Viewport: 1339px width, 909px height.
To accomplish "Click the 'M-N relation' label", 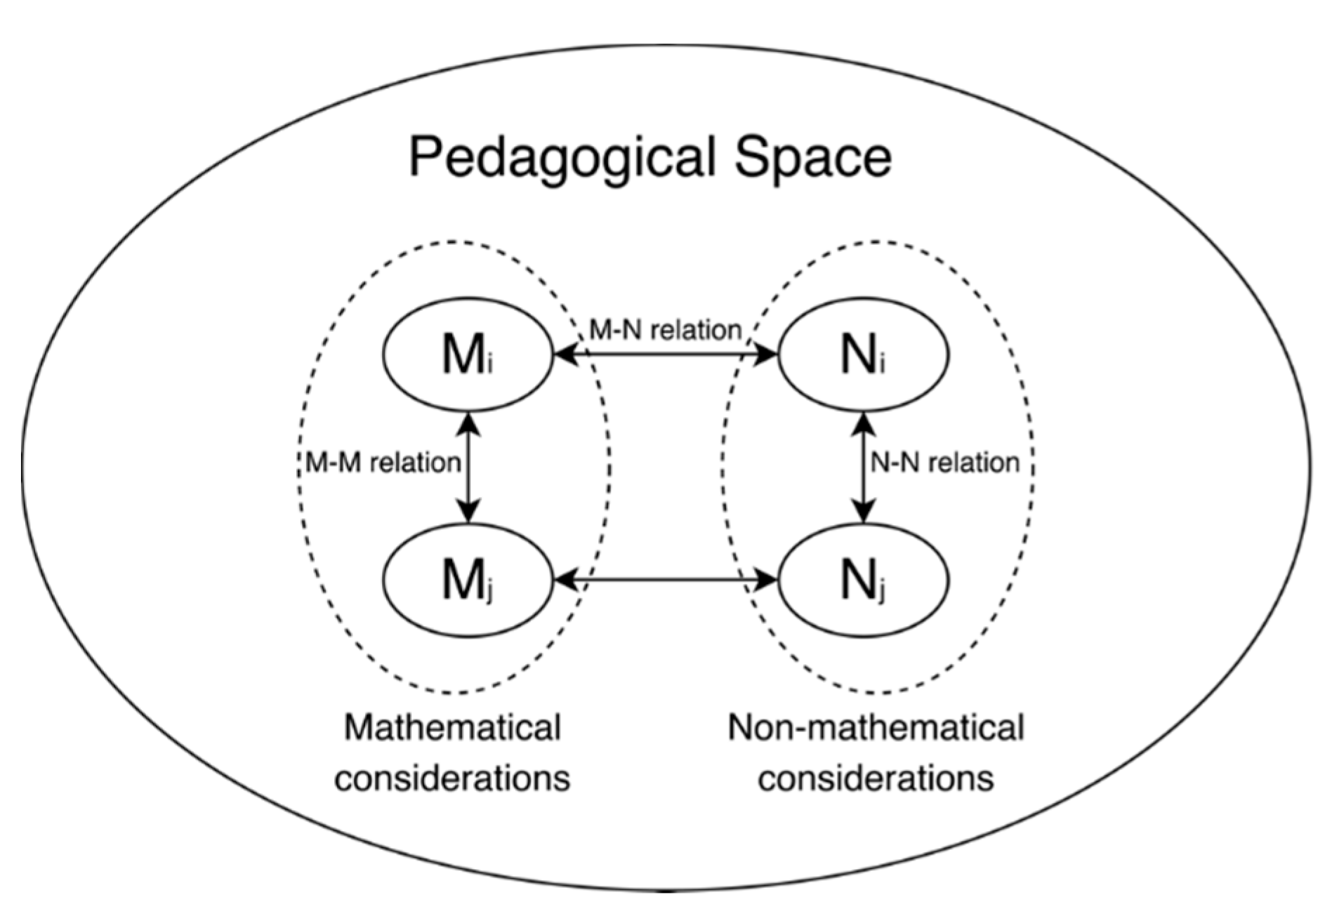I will tap(665, 329).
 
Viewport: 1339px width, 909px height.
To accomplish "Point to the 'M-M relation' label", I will tap(383, 463).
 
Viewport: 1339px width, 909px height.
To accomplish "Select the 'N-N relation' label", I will tap(944, 463).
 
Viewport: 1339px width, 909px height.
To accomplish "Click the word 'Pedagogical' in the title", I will tap(562, 158).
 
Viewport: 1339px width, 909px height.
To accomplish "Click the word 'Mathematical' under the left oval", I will tap(452, 728).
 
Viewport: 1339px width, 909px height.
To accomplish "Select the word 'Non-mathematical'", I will tap(876, 728).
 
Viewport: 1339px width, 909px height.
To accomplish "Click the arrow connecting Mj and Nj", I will tap(666, 580).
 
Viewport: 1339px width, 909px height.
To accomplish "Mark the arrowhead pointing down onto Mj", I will tap(468, 512).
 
